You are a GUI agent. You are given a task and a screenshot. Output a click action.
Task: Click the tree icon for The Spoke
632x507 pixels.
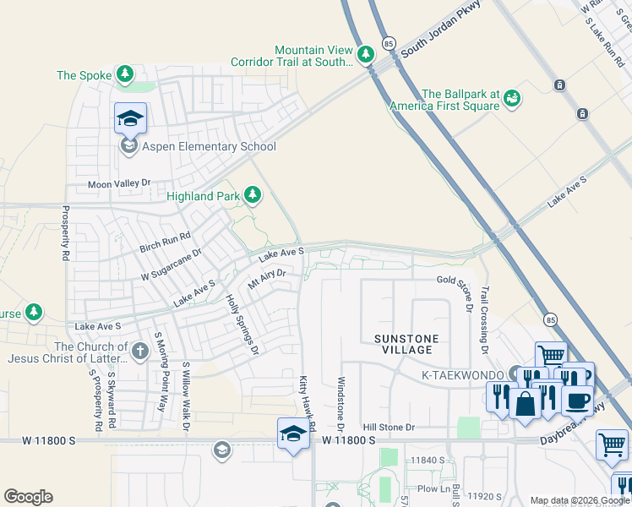[x=125, y=75]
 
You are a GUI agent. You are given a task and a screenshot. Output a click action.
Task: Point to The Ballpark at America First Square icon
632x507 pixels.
[x=511, y=100]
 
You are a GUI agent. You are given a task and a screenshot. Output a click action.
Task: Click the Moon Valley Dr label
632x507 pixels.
[x=119, y=183]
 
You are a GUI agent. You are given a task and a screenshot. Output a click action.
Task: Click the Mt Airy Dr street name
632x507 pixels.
[x=267, y=280]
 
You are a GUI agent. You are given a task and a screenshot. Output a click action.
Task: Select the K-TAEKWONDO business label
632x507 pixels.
[x=456, y=373]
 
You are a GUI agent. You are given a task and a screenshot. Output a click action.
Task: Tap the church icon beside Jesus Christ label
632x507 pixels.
[x=141, y=348]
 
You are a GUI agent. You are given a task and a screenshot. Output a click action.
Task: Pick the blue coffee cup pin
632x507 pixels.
[x=577, y=399]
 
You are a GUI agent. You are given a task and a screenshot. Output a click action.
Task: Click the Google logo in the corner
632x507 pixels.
[x=29, y=497]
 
